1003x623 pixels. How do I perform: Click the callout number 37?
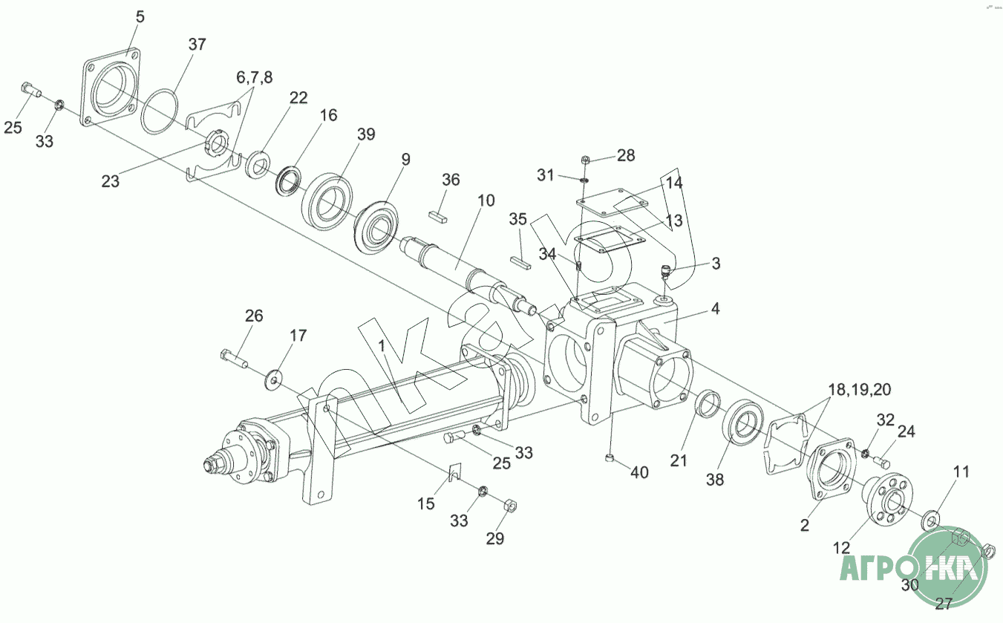point(197,45)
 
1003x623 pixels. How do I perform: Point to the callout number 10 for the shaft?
point(486,200)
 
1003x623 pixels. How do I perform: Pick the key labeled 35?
point(520,263)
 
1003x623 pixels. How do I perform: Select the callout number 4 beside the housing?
point(715,309)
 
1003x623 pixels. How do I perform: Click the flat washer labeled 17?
point(272,379)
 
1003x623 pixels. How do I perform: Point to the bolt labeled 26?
point(234,359)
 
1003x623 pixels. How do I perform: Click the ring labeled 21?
point(708,403)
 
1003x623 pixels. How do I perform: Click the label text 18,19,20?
point(860,390)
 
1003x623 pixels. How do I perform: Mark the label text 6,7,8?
point(255,77)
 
